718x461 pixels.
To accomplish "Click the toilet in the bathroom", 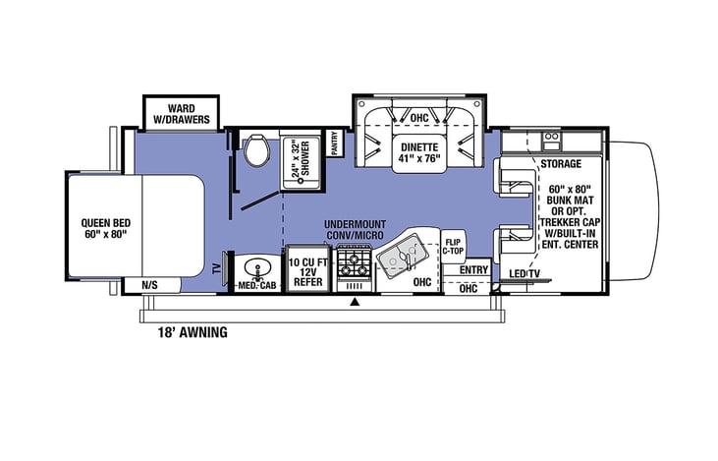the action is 257,149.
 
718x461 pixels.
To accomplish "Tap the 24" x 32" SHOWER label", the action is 301,158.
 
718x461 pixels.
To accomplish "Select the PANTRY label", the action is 334,144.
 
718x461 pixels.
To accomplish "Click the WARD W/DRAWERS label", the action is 182,114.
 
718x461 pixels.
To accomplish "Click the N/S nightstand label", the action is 149,285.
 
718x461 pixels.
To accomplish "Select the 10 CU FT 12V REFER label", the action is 308,272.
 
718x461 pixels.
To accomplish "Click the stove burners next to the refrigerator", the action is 354,264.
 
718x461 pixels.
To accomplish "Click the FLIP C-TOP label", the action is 453,247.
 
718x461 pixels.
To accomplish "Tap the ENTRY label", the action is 474,270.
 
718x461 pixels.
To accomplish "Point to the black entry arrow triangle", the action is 354,302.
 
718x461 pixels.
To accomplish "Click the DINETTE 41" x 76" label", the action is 419,152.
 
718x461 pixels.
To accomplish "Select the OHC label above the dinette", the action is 419,118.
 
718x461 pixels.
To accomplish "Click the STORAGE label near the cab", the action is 561,163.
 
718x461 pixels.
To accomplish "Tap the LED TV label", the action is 525,273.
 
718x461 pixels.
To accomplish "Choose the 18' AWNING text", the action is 193,332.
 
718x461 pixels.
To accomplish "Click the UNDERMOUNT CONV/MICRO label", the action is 355,230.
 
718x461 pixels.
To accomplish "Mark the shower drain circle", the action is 301,181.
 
